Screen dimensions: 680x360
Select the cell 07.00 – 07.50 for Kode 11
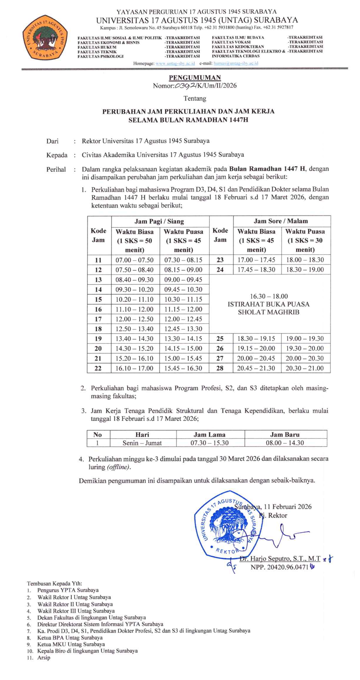[x=135, y=260]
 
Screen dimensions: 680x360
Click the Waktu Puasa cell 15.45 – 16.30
[x=184, y=368]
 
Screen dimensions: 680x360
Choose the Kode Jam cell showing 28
[x=220, y=368]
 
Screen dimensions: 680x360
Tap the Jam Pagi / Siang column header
[x=159, y=221]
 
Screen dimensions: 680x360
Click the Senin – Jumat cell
[x=142, y=442]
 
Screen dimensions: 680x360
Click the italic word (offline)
[x=119, y=468]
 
